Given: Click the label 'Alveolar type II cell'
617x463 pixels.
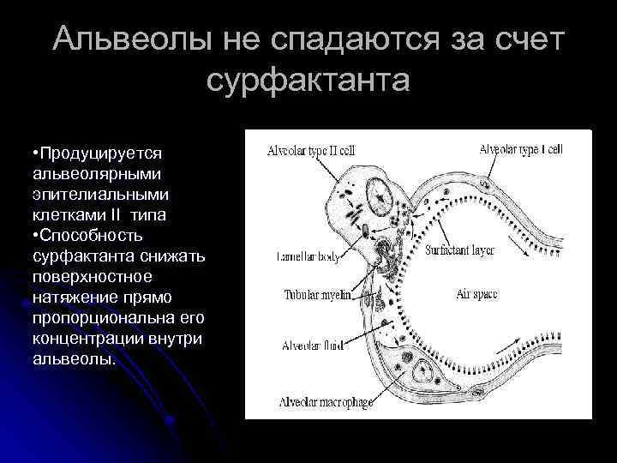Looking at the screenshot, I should (309, 149).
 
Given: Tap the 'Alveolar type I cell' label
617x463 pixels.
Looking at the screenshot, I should (520, 148).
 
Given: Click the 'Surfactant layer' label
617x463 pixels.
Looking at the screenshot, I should (462, 252).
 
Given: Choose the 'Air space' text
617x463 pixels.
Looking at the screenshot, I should (476, 294).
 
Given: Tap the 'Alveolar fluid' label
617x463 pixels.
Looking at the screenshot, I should (312, 346).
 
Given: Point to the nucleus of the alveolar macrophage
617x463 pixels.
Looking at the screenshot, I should (422, 371).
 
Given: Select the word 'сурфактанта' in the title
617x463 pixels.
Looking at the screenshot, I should (308, 81).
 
